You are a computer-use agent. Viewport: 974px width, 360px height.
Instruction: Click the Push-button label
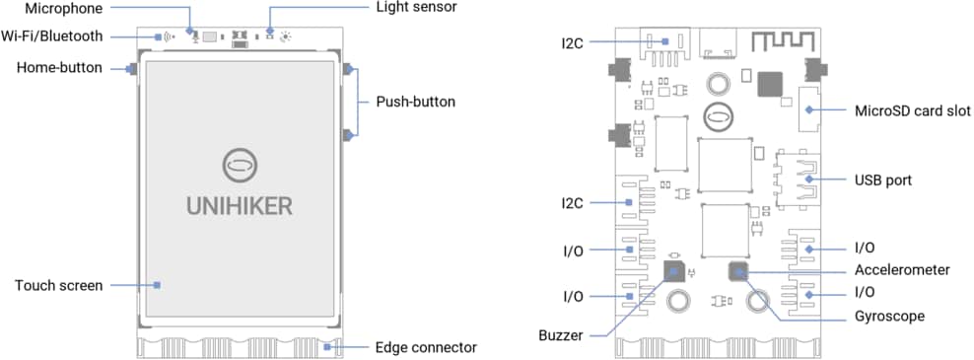coord(416,102)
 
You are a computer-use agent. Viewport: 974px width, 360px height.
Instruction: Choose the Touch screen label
coord(58,286)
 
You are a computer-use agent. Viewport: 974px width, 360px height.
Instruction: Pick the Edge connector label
coord(425,347)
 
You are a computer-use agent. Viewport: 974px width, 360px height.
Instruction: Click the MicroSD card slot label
coord(913,109)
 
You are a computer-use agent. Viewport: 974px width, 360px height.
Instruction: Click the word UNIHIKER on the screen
coord(240,205)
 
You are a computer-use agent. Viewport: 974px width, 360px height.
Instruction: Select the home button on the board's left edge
coord(131,69)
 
